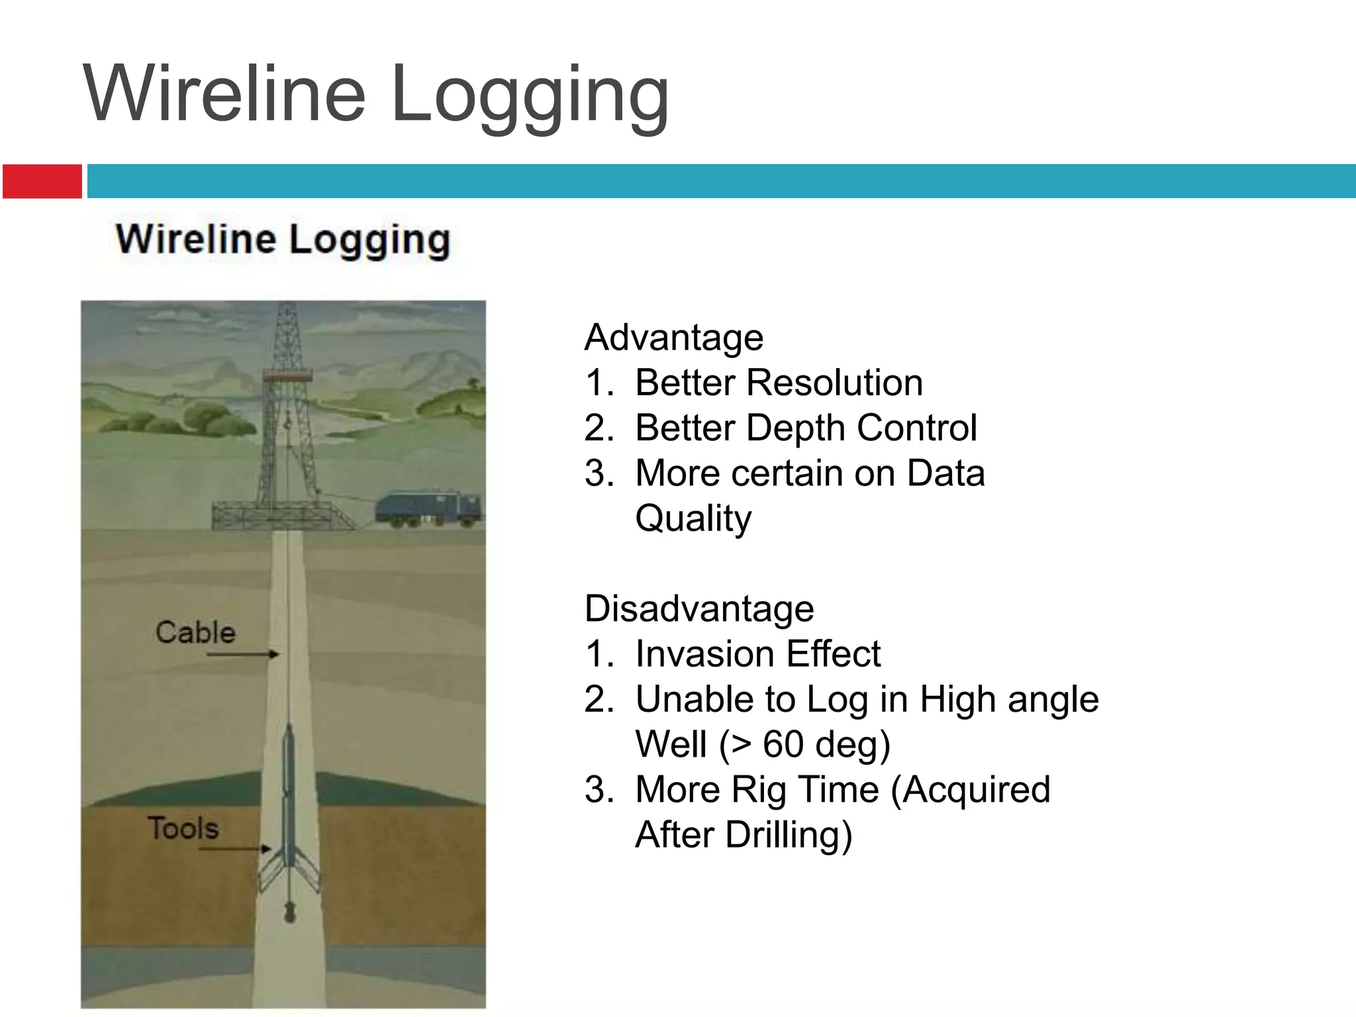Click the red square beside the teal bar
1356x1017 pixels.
tap(42, 181)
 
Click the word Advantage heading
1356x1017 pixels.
tap(673, 338)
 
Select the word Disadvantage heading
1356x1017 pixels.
tap(699, 609)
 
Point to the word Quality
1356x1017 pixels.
tap(693, 518)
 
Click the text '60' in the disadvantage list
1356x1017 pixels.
tap(783, 744)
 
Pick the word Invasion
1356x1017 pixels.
tap(704, 654)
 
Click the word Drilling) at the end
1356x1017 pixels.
tap(788, 835)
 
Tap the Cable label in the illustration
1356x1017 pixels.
tap(195, 632)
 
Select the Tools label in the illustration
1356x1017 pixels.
tap(183, 828)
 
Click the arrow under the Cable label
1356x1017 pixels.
tap(242, 654)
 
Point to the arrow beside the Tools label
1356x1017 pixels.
tap(235, 848)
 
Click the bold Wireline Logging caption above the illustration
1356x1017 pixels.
tap(283, 240)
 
